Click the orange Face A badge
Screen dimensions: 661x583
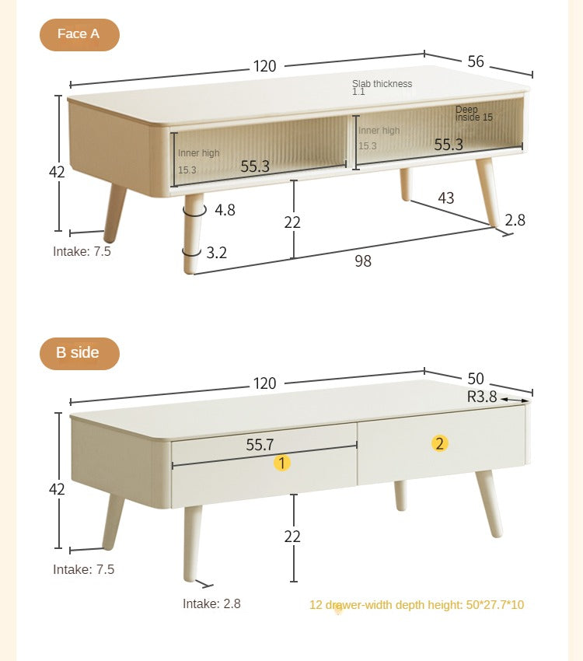click(x=79, y=35)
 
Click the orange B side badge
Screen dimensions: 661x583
click(x=79, y=353)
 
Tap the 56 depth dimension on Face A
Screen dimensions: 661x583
click(x=476, y=61)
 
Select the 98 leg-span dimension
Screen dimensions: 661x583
click(x=363, y=261)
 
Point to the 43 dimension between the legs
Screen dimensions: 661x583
click(x=445, y=198)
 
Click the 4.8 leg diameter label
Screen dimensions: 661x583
click(x=225, y=209)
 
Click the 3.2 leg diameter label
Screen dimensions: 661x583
click(x=217, y=252)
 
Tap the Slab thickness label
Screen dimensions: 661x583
click(x=382, y=84)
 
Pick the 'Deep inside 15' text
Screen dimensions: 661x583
click(x=474, y=114)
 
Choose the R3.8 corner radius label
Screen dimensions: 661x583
click(x=482, y=397)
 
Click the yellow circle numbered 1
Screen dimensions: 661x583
click(x=281, y=463)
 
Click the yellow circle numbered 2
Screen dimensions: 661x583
click(x=440, y=443)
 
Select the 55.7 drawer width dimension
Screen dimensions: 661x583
click(x=260, y=445)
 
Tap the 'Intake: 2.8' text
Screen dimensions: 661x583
click(x=211, y=603)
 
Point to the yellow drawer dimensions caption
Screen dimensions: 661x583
click(x=417, y=604)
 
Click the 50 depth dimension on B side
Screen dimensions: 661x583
click(x=476, y=379)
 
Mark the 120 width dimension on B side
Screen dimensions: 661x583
click(x=264, y=383)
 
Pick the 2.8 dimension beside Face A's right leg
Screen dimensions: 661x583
click(x=515, y=220)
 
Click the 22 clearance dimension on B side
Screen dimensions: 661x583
click(x=292, y=537)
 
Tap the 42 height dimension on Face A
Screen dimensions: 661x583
click(x=57, y=172)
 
